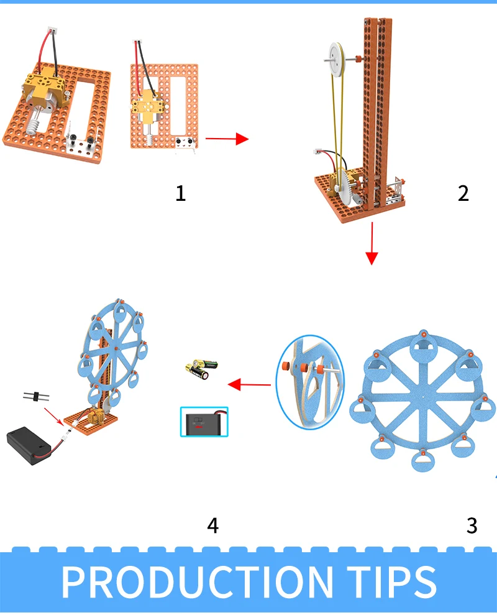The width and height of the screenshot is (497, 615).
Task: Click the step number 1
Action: (x=180, y=193)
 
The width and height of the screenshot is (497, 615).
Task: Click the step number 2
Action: (x=463, y=193)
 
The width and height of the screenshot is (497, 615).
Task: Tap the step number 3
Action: (x=472, y=525)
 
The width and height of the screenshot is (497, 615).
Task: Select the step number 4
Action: (x=213, y=525)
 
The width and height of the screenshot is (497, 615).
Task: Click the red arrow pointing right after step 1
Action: (x=227, y=139)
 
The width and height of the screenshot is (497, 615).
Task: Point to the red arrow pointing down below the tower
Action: (x=372, y=244)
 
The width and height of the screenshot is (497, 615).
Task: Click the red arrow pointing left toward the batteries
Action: (x=249, y=384)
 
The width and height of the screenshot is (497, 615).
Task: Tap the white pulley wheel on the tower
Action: (x=336, y=60)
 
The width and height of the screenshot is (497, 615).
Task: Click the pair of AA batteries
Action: (x=201, y=369)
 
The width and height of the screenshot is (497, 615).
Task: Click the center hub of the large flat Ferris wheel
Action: (x=423, y=397)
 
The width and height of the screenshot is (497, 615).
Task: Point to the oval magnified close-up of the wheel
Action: (x=309, y=382)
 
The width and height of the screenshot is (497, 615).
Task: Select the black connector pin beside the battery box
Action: (x=36, y=396)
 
